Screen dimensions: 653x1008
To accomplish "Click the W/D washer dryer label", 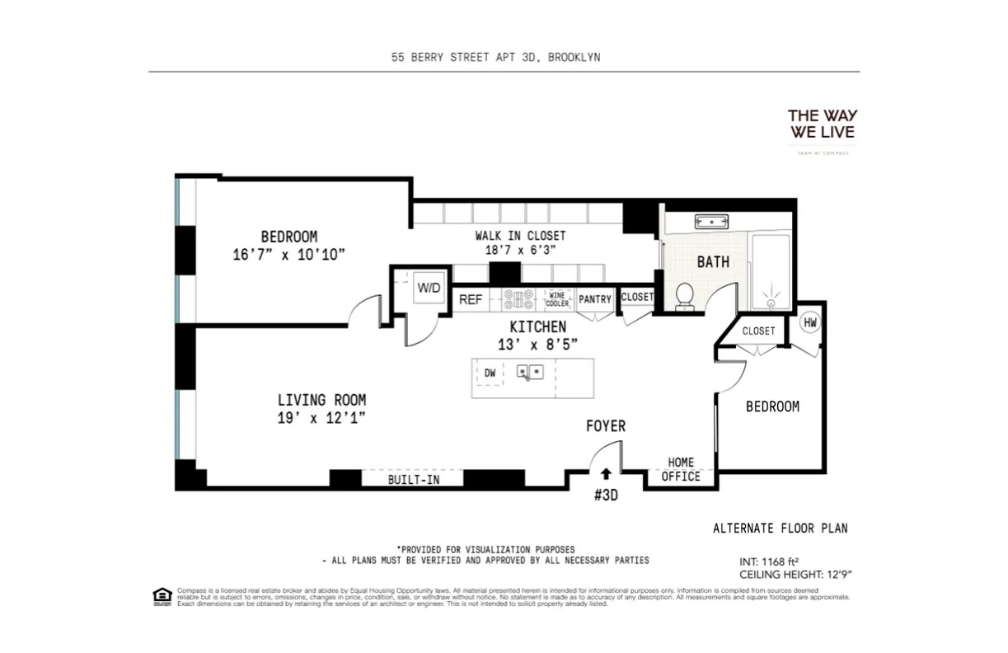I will tap(428, 288).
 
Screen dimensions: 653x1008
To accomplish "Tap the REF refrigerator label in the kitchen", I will tap(471, 299).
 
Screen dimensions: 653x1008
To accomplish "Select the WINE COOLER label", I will tap(557, 299).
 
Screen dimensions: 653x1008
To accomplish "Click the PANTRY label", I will tap(595, 299).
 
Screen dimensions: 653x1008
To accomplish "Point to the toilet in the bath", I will tap(685, 296).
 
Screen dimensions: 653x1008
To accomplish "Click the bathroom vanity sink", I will tap(710, 221).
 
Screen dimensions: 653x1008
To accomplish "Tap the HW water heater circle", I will tap(810, 323).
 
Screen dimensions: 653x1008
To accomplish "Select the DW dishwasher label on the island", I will tap(490, 373).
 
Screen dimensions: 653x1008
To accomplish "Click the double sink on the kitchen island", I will tap(530, 373).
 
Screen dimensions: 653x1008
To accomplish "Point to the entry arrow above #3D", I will tap(606, 473).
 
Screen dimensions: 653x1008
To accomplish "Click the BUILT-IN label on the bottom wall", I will tap(414, 479).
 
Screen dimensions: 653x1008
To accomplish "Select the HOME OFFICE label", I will tap(681, 469).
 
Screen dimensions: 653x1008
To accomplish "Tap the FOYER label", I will tap(606, 426).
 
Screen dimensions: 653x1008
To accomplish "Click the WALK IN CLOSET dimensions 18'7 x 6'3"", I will tap(520, 251).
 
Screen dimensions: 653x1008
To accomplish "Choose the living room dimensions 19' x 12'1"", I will tap(321, 418).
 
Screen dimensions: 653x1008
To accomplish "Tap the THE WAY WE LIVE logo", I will tap(822, 124).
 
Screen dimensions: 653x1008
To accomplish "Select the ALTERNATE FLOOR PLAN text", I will tap(780, 529).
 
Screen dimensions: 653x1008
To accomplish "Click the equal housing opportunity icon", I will tap(162, 596).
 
